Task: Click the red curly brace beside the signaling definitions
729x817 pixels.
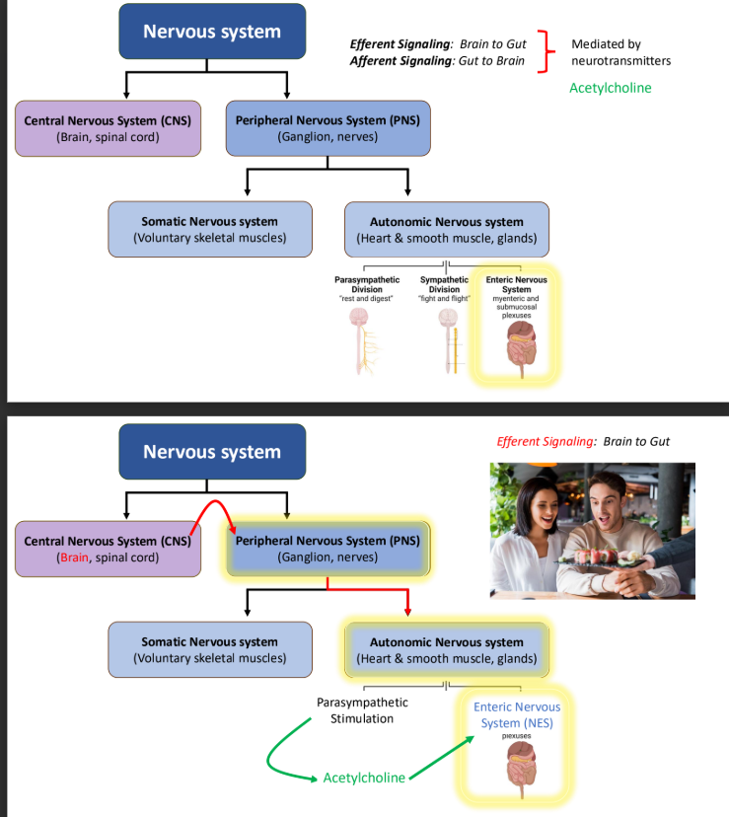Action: pyautogui.click(x=547, y=52)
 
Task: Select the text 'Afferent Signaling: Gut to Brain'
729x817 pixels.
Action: pyautogui.click(x=438, y=62)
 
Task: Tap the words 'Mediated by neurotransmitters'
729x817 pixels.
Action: pyautogui.click(x=620, y=52)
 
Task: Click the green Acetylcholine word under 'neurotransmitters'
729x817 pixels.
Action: pyautogui.click(x=610, y=88)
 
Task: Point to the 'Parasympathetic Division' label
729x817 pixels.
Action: pyautogui.click(x=366, y=284)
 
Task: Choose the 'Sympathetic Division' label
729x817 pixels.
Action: pyautogui.click(x=444, y=284)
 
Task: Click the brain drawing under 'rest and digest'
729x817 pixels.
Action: pyautogui.click(x=357, y=320)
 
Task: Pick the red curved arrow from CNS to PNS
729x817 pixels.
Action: pyautogui.click(x=211, y=513)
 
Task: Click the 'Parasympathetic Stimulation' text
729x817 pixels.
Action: pyautogui.click(x=362, y=710)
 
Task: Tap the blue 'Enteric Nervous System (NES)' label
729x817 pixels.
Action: pyautogui.click(x=516, y=714)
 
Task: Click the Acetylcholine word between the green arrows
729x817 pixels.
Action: pyautogui.click(x=364, y=778)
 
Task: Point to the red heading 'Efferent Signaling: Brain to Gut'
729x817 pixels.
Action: pyautogui.click(x=583, y=441)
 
